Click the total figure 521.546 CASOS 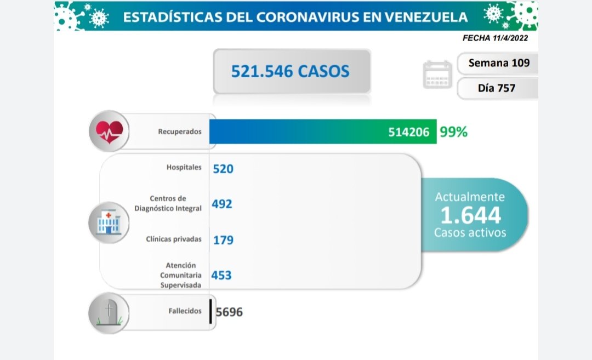tap(290, 71)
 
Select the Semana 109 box tap(498, 63)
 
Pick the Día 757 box tap(497, 88)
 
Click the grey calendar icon tap(437, 75)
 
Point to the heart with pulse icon tap(110, 132)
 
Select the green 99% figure tap(453, 132)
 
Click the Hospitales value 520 tap(223, 169)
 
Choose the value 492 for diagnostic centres tap(223, 204)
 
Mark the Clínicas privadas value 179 tap(223, 240)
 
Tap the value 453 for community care tap(222, 275)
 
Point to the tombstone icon tap(109, 313)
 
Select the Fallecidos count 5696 tap(229, 312)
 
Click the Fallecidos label tap(185, 311)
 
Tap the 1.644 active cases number tap(470, 215)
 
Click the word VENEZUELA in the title tap(426, 16)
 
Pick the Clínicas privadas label tap(174, 239)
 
